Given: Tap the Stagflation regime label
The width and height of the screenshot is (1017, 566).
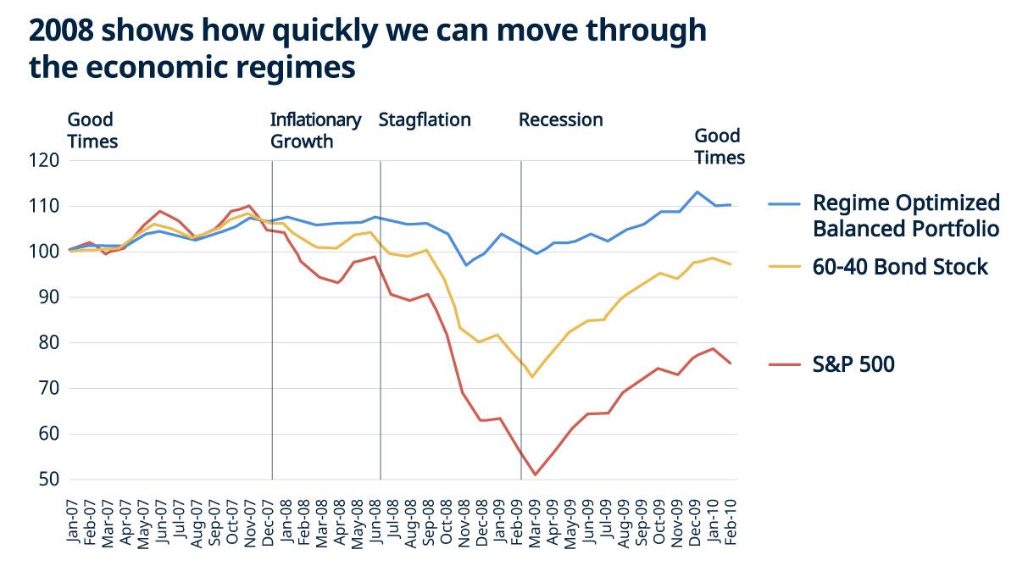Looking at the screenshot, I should pyautogui.click(x=424, y=119).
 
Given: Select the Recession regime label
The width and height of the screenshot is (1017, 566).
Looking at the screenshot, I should pyautogui.click(x=560, y=119).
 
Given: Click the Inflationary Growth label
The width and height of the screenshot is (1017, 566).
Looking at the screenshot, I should pyautogui.click(x=315, y=130).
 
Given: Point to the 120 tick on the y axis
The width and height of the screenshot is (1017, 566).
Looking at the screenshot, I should pyautogui.click(x=45, y=160).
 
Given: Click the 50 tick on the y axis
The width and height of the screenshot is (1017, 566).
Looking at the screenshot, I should pyautogui.click(x=49, y=480).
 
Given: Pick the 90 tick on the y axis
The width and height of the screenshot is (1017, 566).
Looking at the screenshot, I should pyautogui.click(x=49, y=297).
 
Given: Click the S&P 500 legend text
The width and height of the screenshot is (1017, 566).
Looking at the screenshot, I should pyautogui.click(x=853, y=364).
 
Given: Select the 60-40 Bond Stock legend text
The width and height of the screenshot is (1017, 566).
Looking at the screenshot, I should pyautogui.click(x=900, y=267).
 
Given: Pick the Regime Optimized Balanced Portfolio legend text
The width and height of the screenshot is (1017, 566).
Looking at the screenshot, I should pyautogui.click(x=906, y=215).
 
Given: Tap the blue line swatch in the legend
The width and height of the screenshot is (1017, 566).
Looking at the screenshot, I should pyautogui.click(x=786, y=204).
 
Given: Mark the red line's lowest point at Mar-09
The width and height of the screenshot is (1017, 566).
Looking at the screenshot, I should pyautogui.click(x=535, y=474).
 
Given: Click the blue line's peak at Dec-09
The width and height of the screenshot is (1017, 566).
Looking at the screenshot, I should pyautogui.click(x=697, y=191).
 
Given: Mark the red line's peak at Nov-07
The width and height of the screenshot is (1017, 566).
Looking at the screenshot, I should pyautogui.click(x=248, y=205).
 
